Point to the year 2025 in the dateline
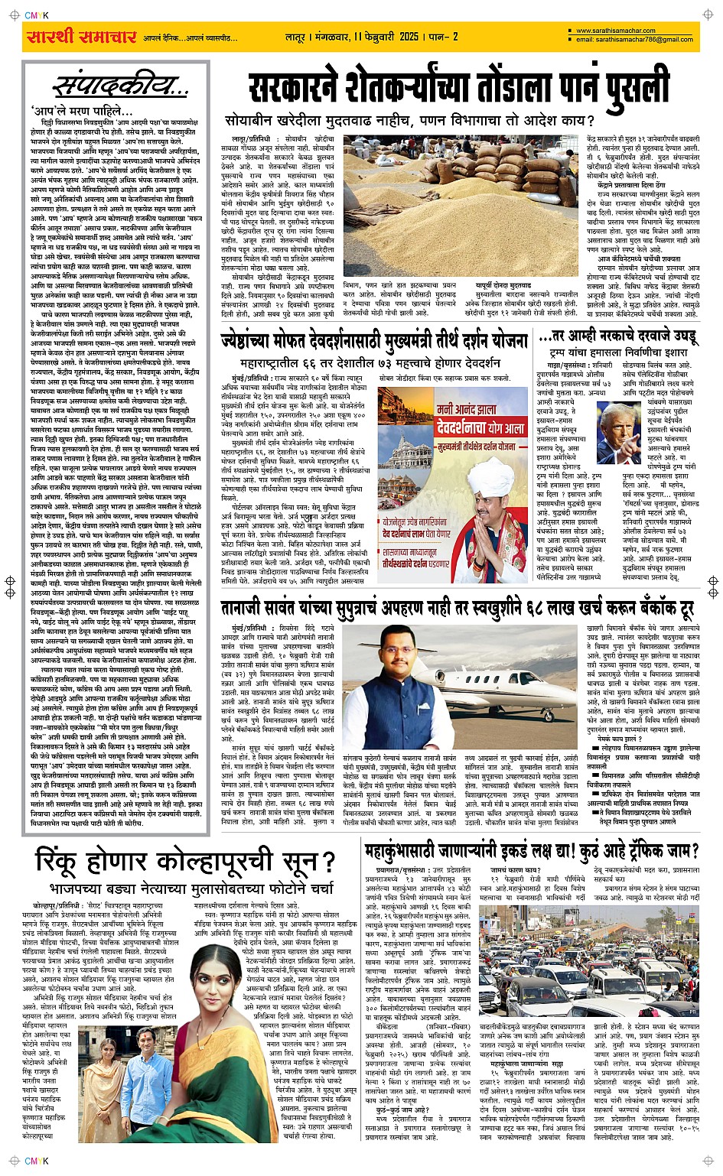408,37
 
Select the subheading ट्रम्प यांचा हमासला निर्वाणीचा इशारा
619,354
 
